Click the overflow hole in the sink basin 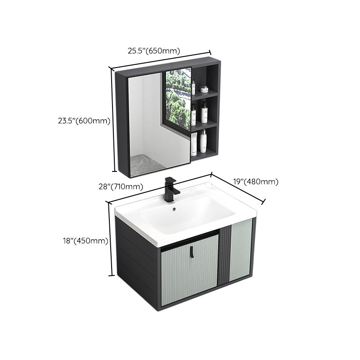click(175, 209)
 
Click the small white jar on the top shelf click(204, 89)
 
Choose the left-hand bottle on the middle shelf click(193, 115)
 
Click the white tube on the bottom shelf click(194, 143)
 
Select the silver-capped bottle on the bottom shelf click(203, 141)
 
